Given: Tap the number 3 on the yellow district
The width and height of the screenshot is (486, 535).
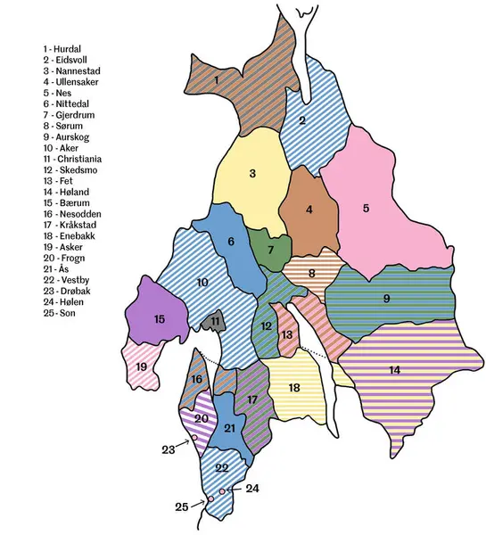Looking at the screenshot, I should [x=253, y=174].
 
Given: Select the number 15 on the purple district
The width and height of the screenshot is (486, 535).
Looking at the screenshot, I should [x=160, y=318].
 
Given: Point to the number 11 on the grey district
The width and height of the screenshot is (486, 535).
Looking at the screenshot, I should [x=215, y=321].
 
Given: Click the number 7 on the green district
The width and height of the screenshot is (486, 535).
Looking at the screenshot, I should [x=271, y=251].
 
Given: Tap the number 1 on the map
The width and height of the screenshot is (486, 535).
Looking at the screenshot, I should [x=217, y=80].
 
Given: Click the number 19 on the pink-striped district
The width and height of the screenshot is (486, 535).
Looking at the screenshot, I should [x=142, y=366].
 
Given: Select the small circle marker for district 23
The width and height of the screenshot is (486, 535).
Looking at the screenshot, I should [x=194, y=438].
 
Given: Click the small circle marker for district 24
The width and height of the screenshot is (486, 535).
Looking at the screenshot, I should [x=221, y=491].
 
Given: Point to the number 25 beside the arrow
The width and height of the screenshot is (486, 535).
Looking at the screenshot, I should [x=182, y=506].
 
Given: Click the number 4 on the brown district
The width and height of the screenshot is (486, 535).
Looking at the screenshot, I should [x=309, y=210].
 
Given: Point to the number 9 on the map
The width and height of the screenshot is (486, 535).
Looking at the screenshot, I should [x=387, y=299].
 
